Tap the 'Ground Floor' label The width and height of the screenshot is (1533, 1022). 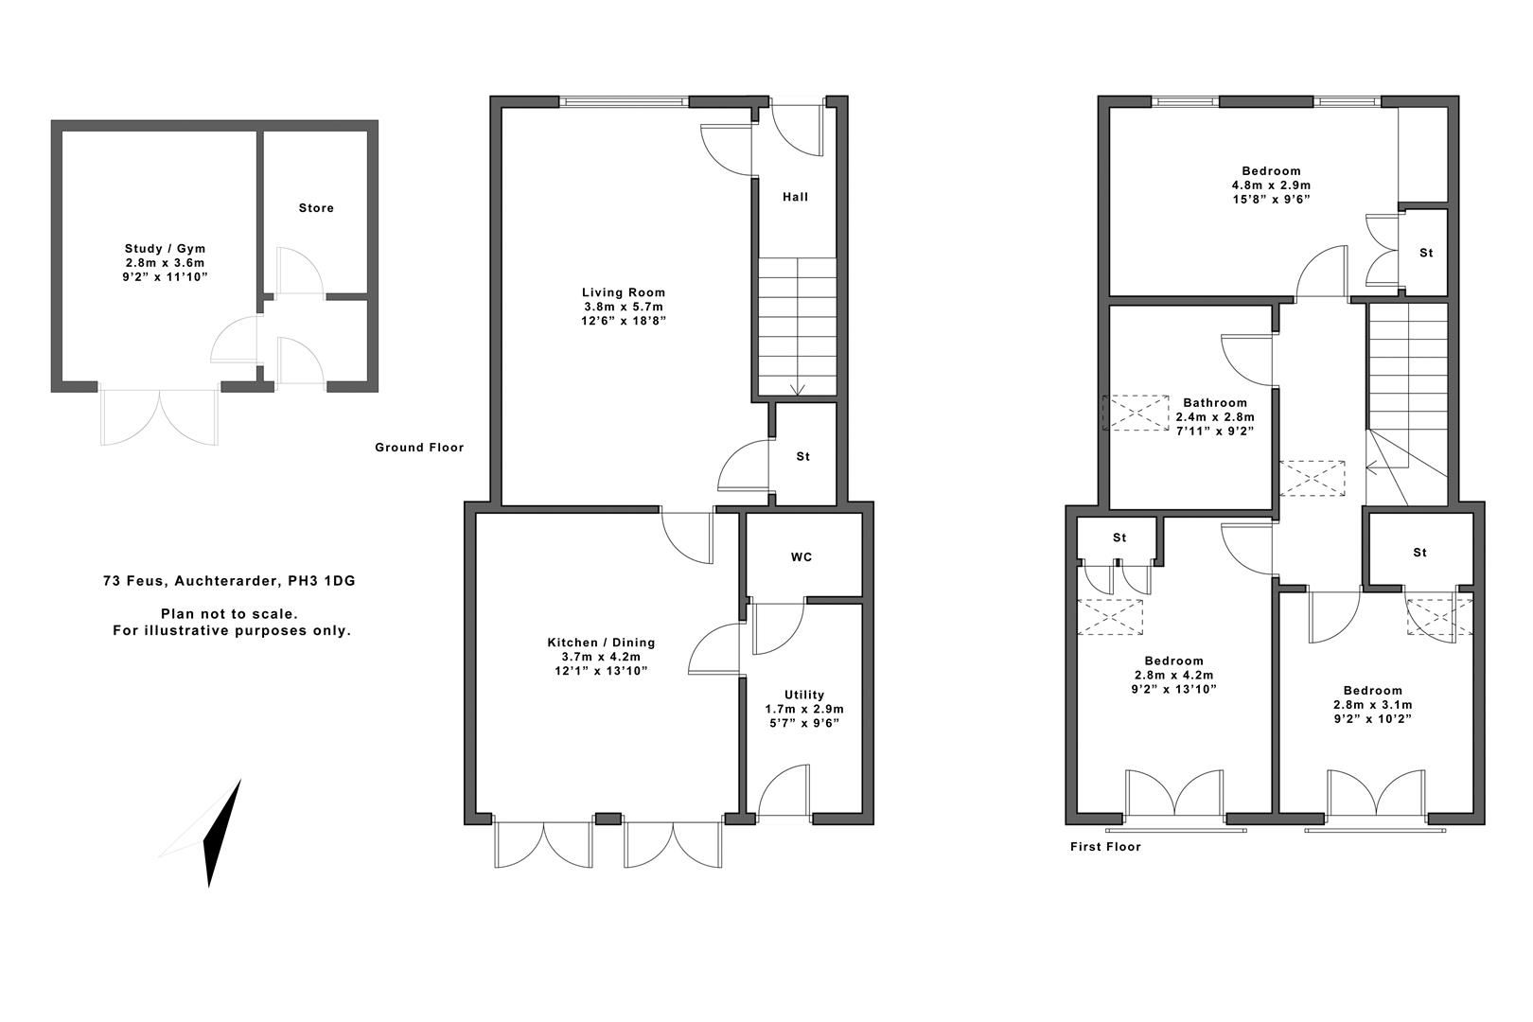point(419,448)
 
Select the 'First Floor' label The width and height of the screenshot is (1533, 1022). point(1105,847)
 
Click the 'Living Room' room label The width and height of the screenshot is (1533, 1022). point(623,292)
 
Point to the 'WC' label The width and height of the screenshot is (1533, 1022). point(802,557)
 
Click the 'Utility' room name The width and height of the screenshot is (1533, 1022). point(803,695)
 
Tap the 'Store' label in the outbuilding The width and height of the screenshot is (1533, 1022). point(316,208)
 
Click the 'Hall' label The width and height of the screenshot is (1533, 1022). point(795,197)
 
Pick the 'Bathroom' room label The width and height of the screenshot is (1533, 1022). point(1214,403)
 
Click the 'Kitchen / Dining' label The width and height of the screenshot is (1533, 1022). point(601,643)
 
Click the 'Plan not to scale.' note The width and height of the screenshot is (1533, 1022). point(229,614)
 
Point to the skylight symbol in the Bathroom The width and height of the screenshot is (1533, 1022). point(1136,413)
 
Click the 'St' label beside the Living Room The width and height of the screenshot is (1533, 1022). point(802,457)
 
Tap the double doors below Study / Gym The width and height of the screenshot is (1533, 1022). point(161,417)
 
